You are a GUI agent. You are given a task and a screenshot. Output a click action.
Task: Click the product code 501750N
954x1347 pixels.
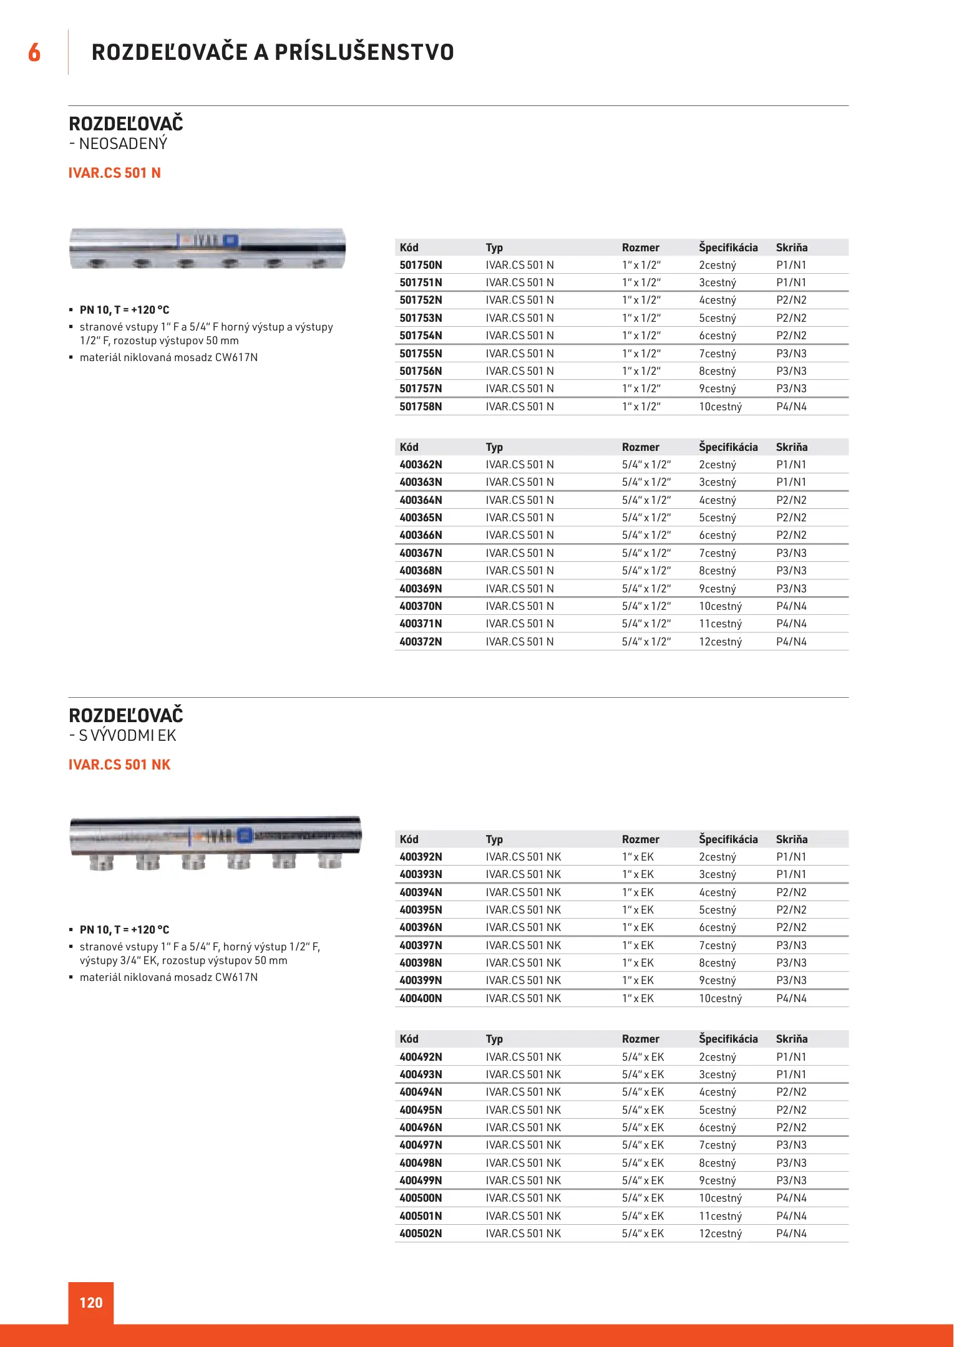[x=421, y=265]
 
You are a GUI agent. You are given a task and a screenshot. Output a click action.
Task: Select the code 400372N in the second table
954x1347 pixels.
[x=421, y=642]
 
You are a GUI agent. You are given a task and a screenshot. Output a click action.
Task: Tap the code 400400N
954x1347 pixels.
[x=421, y=998]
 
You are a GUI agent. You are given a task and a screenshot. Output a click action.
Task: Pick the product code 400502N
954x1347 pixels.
[x=421, y=1234]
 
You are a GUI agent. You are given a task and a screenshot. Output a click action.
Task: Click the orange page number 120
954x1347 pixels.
[x=91, y=1303]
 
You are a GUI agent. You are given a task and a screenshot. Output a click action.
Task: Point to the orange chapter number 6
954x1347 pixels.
[x=34, y=52]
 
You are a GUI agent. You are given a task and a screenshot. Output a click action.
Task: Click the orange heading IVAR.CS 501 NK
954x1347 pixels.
[x=119, y=765]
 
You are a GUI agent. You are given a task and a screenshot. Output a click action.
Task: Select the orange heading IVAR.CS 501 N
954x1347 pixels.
[x=115, y=173]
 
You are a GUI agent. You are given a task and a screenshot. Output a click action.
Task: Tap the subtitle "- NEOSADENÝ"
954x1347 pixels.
[x=119, y=144]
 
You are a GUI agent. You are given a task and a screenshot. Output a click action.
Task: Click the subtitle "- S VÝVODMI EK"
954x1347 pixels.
[x=123, y=736]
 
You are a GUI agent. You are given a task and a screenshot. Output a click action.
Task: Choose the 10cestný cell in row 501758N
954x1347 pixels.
[x=720, y=407]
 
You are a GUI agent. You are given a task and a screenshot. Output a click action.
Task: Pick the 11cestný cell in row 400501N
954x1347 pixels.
[x=720, y=1216]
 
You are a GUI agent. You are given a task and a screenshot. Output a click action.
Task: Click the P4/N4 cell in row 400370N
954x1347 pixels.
[x=791, y=606]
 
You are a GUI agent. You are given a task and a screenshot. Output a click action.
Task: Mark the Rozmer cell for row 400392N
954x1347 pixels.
[x=638, y=857]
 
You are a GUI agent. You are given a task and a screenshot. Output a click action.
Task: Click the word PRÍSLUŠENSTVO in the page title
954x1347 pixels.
[x=364, y=52]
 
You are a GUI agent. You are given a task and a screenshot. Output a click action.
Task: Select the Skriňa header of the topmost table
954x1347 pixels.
[x=791, y=248]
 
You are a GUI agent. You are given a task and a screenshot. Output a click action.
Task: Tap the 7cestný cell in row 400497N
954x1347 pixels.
[x=717, y=1145]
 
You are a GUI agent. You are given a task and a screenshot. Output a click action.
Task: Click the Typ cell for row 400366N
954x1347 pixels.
[x=520, y=535]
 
